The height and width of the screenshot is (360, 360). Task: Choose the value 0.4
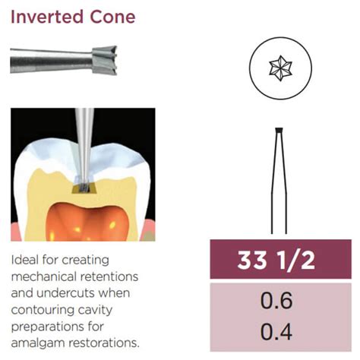(x=276, y=332)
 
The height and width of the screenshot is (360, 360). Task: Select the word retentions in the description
(x=116, y=276)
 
